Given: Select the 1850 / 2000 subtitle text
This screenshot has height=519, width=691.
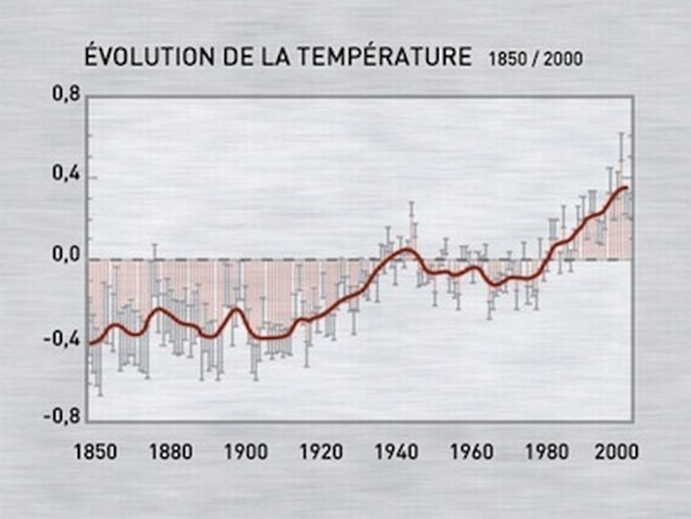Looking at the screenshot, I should pyautogui.click(x=535, y=60).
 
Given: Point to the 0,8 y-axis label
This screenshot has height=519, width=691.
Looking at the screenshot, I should pyautogui.click(x=65, y=94).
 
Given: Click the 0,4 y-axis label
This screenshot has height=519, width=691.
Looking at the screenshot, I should pyautogui.click(x=65, y=175).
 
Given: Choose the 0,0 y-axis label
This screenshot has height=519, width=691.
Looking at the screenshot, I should pyautogui.click(x=65, y=256).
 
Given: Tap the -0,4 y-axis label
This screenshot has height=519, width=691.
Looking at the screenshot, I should pyautogui.click(x=60, y=338).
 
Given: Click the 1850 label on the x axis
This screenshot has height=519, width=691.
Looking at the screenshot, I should pyautogui.click(x=95, y=451).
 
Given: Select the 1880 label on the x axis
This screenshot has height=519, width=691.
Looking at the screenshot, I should pyautogui.click(x=171, y=451).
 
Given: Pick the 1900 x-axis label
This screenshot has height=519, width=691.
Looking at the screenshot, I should pyautogui.click(x=246, y=451).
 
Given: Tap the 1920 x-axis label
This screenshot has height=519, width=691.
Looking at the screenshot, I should pyautogui.click(x=322, y=451).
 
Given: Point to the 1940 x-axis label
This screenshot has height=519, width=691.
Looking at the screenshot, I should pyautogui.click(x=397, y=451).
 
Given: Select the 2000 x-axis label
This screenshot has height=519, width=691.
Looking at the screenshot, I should pyautogui.click(x=616, y=451).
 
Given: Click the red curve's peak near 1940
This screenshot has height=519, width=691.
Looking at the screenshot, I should pyautogui.click(x=404, y=250).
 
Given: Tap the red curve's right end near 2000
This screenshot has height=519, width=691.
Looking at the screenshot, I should pyautogui.click(x=627, y=187).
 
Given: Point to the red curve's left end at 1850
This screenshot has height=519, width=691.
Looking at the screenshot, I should pyautogui.click(x=90, y=342).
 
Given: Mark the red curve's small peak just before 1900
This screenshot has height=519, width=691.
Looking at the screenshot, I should pyautogui.click(x=236, y=309).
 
